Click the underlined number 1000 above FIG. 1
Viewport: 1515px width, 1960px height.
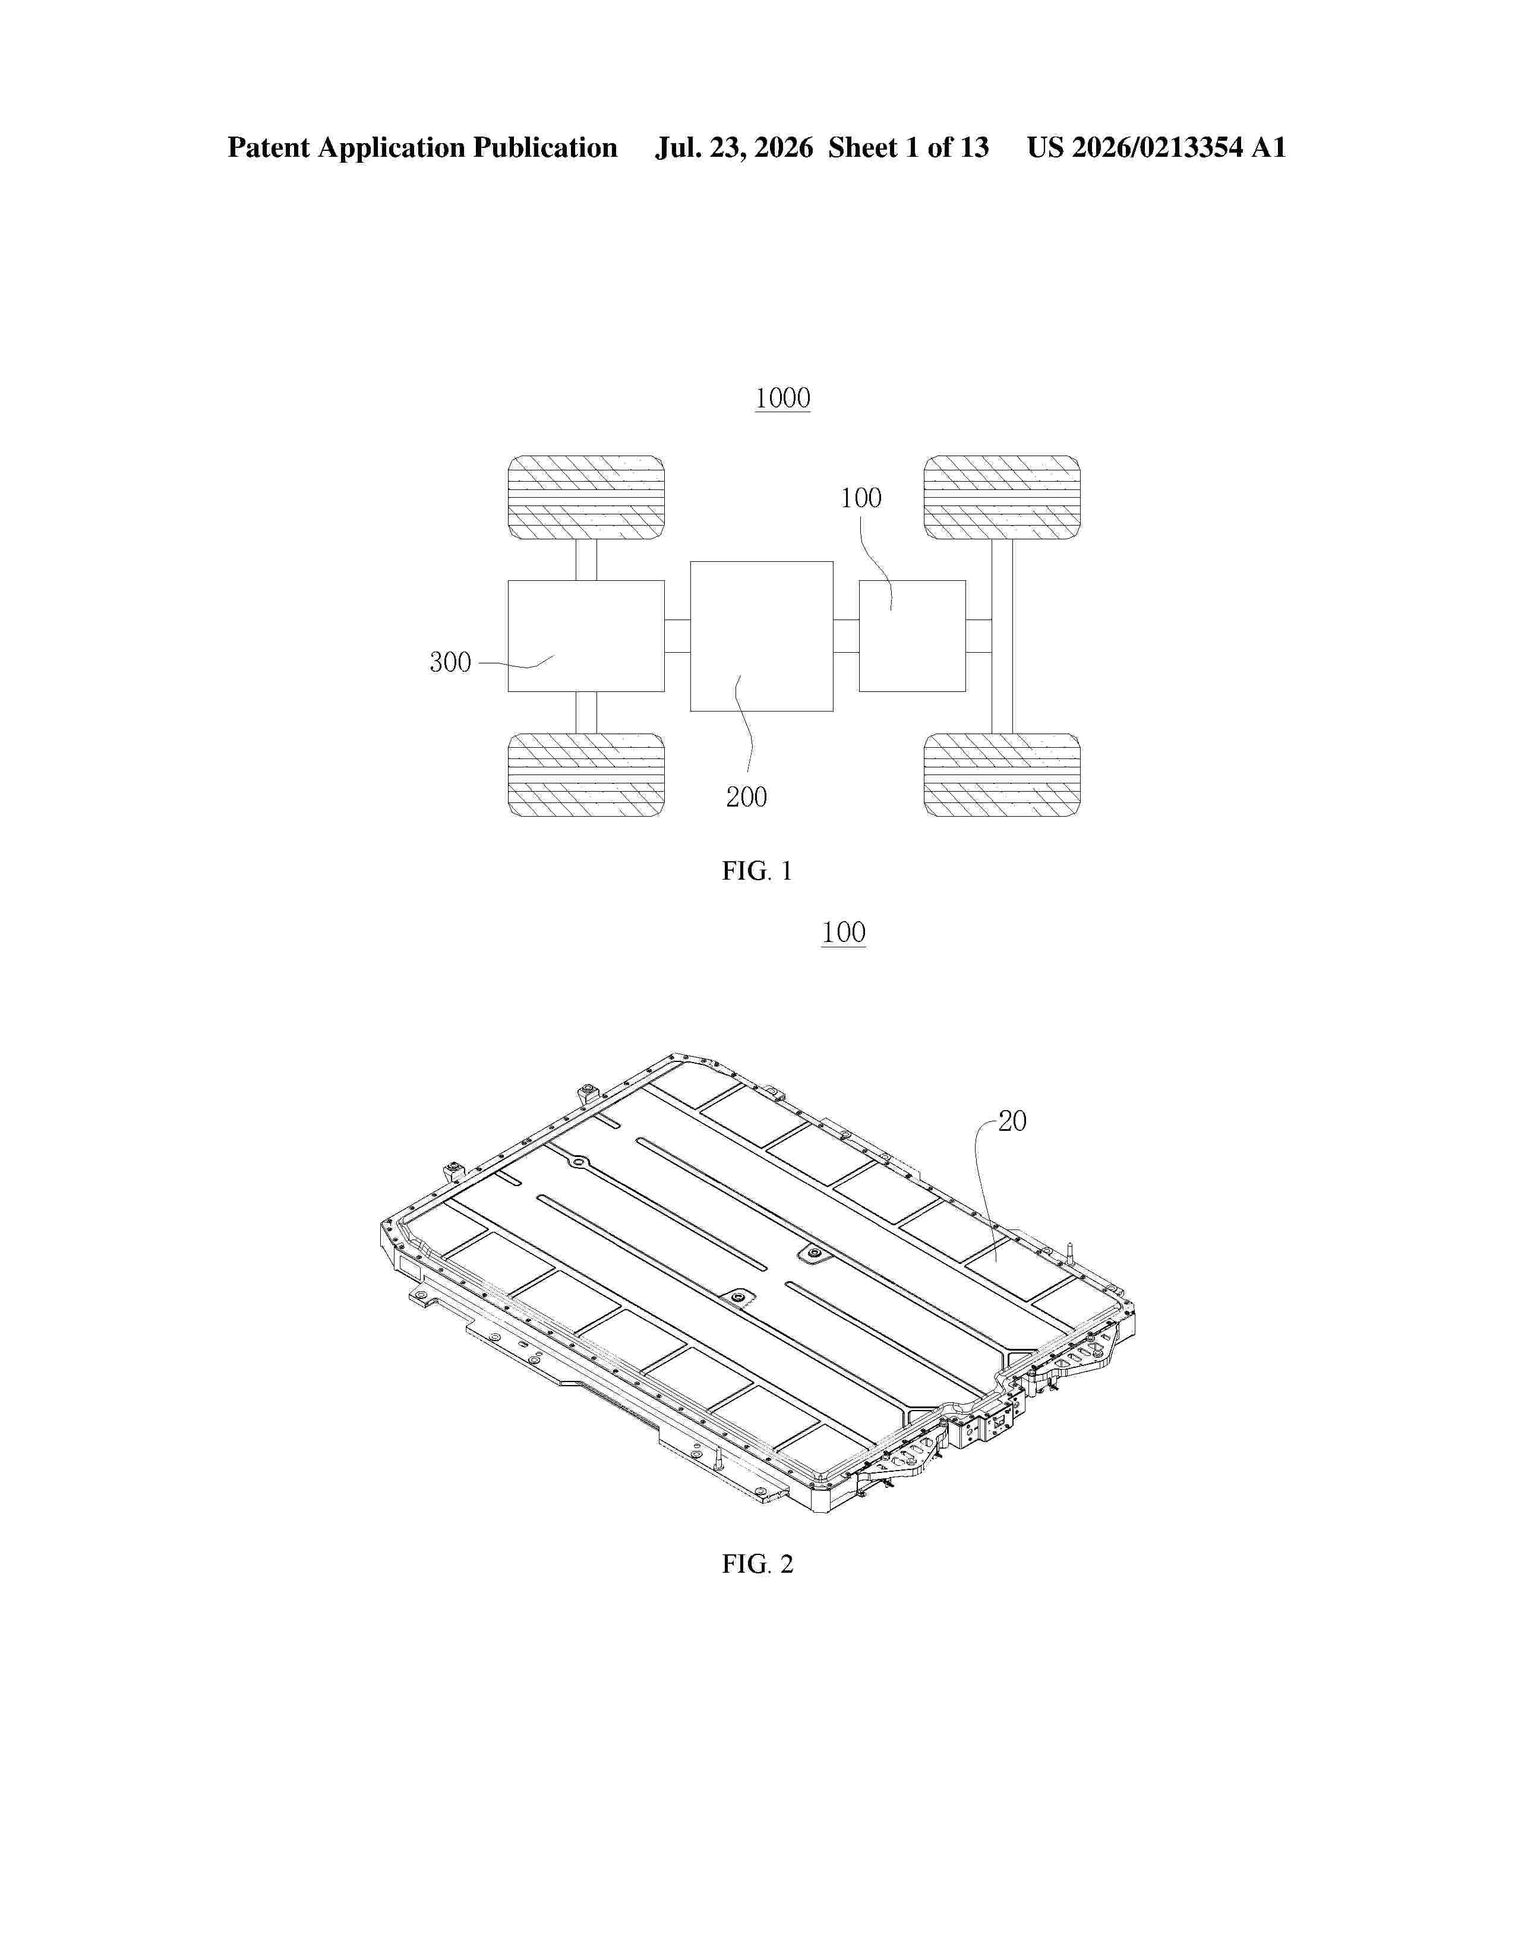click(782, 399)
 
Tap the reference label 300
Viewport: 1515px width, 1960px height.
click(450, 662)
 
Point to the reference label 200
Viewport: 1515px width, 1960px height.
click(747, 797)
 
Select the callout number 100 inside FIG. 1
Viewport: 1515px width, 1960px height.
click(861, 498)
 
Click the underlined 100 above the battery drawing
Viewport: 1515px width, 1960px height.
click(844, 932)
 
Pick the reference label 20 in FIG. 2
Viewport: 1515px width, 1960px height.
click(1012, 1121)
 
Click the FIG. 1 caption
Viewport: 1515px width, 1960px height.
click(757, 871)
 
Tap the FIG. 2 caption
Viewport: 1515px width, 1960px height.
click(757, 1564)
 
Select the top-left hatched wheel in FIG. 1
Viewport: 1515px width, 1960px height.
click(586, 497)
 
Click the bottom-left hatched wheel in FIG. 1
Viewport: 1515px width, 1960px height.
click(586, 774)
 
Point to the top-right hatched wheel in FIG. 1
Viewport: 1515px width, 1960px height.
click(1002, 497)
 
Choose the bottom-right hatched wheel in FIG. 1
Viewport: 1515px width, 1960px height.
click(1002, 774)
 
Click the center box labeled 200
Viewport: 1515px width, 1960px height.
click(761, 636)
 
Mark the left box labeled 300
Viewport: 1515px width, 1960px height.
click(586, 636)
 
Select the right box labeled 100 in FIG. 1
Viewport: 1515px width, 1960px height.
click(912, 636)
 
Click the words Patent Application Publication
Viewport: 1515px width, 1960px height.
click(422, 147)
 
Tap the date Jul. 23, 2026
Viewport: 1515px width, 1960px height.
click(733, 147)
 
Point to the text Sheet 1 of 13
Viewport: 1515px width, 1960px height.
click(908, 147)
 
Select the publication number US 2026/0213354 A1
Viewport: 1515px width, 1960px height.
click(1156, 147)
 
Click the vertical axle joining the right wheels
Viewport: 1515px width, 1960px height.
click(1002, 636)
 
